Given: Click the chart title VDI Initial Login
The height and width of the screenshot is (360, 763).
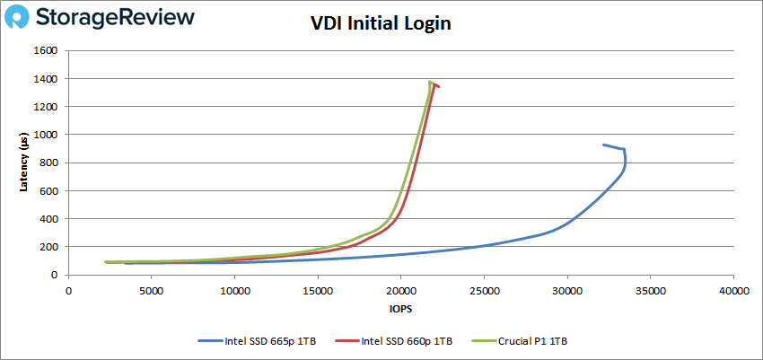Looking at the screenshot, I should click(381, 23).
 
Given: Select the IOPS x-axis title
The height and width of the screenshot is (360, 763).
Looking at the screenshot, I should click(400, 308).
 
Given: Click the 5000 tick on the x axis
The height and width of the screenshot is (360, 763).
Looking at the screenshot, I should click(152, 290).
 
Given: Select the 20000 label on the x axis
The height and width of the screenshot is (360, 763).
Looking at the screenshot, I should click(400, 290).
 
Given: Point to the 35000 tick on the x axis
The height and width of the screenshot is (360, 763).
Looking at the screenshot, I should click(650, 290).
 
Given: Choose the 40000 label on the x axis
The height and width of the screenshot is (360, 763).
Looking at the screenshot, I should click(733, 290).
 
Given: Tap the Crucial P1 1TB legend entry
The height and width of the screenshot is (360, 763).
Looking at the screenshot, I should click(533, 341).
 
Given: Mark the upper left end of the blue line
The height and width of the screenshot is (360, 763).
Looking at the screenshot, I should click(603, 145).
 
